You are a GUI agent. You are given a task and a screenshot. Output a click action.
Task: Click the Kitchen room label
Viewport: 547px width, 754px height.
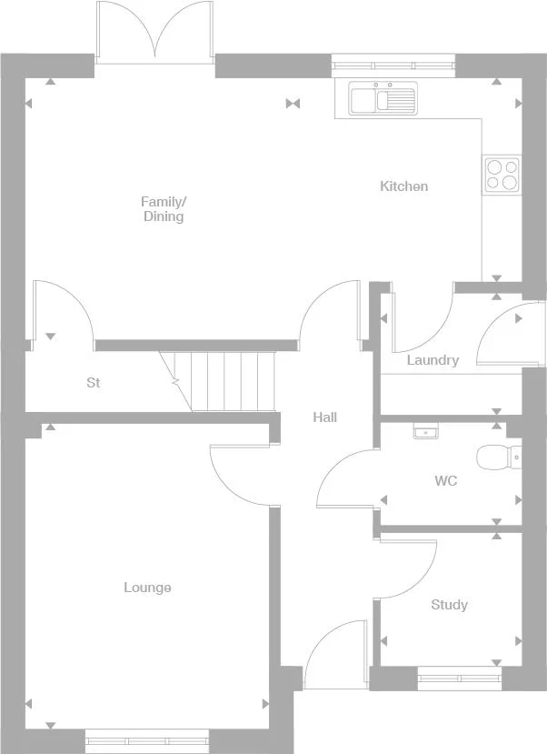click(x=403, y=186)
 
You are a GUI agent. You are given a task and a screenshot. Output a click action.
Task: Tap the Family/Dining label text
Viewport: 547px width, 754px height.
click(x=164, y=209)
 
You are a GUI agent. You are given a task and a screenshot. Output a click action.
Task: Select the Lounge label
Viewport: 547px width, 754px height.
click(x=147, y=588)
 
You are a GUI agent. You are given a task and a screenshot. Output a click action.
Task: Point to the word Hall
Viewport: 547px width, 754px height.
click(x=325, y=417)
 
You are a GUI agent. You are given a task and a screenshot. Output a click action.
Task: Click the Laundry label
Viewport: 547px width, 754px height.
click(x=433, y=360)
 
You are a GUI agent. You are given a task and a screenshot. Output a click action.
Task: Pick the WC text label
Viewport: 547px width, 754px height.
click(x=445, y=480)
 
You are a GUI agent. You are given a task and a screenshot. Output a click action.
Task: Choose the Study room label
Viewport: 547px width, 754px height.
click(x=450, y=605)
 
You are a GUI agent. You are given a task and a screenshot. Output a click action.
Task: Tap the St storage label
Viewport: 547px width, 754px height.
click(x=94, y=383)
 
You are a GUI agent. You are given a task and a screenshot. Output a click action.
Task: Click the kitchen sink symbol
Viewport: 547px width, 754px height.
click(x=383, y=97)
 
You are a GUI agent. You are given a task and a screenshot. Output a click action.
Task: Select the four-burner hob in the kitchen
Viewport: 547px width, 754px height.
click(x=502, y=174)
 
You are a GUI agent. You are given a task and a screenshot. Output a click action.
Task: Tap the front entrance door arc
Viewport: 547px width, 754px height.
click(x=327, y=653)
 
